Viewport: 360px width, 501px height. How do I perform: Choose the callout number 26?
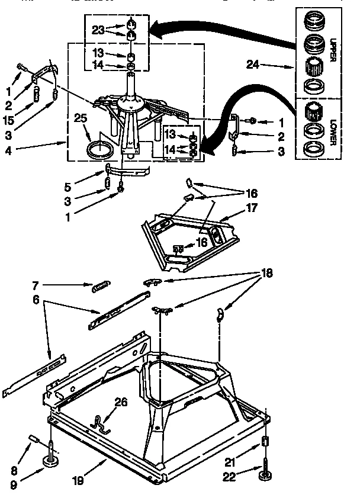[120, 403]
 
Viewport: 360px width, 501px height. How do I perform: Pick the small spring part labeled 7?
[100, 288]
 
